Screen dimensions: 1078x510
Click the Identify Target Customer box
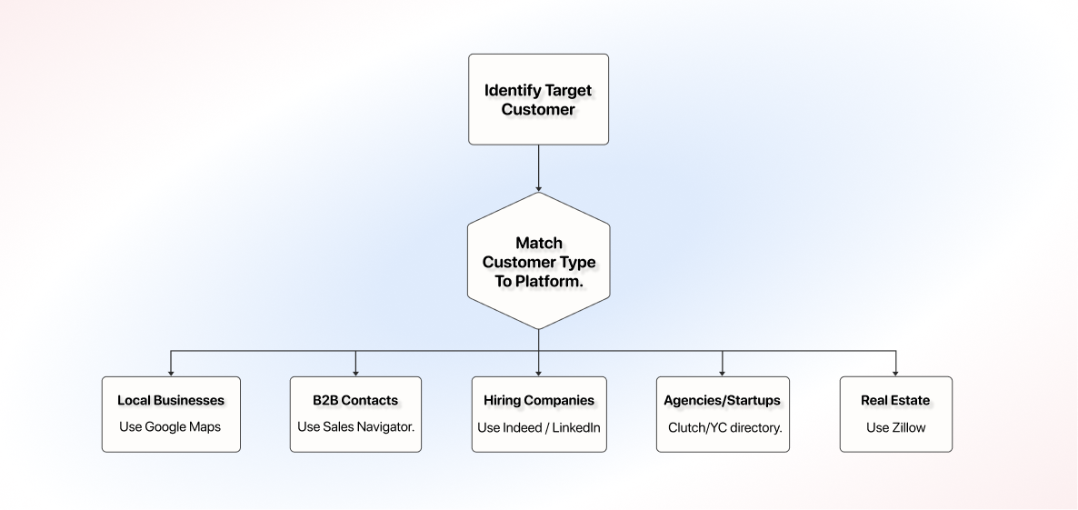538,100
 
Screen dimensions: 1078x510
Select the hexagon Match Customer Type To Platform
538,261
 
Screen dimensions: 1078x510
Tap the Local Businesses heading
171,400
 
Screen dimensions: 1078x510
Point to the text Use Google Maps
170,427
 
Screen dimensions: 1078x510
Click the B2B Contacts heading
355,400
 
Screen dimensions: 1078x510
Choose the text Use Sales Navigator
356,427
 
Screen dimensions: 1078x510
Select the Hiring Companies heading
539,400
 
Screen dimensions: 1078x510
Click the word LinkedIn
576,427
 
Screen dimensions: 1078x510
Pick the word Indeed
523,427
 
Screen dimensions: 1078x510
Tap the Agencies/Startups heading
722,400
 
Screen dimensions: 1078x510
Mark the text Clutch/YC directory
724,427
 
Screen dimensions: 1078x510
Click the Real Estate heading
895,400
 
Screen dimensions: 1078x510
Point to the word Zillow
909,427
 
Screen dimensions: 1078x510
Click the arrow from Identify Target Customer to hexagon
538,168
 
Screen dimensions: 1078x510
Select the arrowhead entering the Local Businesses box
171,373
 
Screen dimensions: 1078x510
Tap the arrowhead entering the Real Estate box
895,373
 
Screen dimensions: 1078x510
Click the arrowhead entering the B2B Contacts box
355,373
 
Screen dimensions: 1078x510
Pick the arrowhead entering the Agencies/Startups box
722,373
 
